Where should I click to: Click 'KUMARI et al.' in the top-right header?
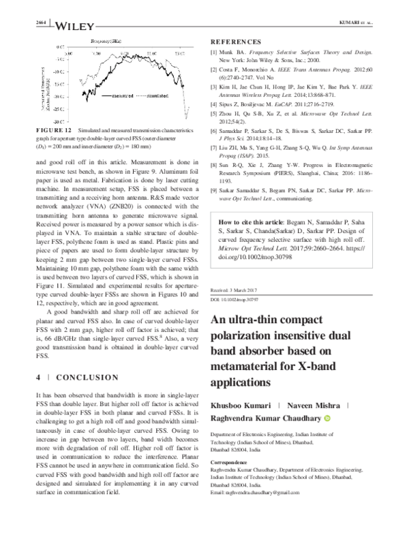click(356, 25)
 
